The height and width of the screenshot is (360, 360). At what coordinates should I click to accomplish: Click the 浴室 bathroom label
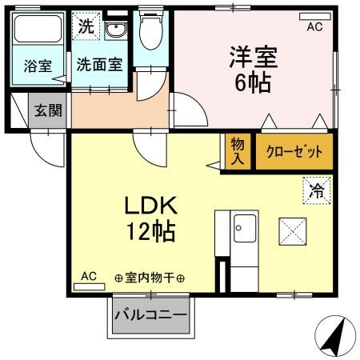(37, 66)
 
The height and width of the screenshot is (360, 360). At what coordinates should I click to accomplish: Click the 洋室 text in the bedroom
(254, 57)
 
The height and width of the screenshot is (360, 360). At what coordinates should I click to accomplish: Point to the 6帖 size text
(254, 81)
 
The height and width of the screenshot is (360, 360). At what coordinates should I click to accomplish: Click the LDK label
(149, 206)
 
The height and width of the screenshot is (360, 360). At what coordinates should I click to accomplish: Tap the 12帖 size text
(149, 233)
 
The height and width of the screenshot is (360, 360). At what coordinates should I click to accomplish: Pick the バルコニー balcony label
(150, 314)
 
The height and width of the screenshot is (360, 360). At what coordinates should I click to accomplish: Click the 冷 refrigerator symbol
(316, 190)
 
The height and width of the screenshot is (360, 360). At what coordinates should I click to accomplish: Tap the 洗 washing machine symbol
(86, 26)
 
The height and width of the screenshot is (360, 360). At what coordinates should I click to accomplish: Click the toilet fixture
(149, 33)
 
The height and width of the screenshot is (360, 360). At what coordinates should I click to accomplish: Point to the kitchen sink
(243, 230)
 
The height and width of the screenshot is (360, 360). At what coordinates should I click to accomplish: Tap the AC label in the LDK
(88, 277)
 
